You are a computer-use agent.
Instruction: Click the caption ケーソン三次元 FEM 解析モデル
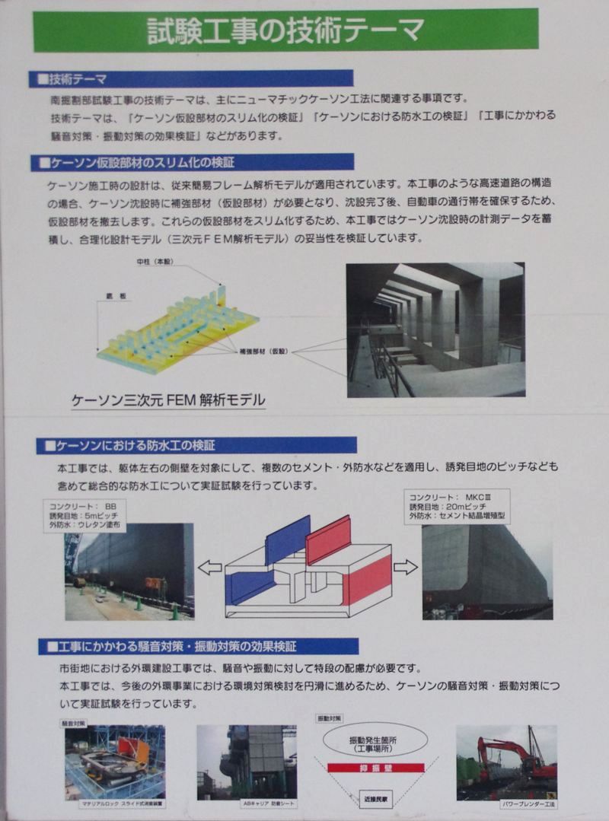(x=168, y=399)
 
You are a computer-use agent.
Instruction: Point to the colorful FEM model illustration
(x=179, y=331)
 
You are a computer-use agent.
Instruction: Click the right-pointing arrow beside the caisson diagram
(x=406, y=566)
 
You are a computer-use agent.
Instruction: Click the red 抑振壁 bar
(x=375, y=768)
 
